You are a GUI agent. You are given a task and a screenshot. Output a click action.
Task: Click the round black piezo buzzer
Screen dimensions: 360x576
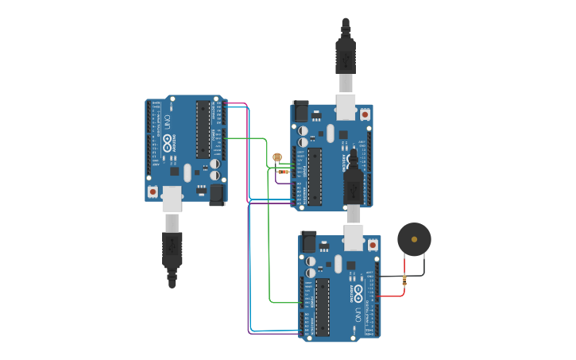[414, 238]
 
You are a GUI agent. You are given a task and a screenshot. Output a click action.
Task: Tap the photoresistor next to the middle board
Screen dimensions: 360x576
[276, 157]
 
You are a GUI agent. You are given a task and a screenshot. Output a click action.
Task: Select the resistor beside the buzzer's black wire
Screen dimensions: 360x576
[405, 280]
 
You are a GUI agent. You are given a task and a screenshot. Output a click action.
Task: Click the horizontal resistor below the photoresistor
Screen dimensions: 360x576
[284, 172]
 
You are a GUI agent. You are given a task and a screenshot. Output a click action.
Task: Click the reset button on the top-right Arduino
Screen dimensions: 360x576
[365, 114]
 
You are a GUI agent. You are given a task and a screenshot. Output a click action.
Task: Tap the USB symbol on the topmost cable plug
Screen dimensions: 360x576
[346, 59]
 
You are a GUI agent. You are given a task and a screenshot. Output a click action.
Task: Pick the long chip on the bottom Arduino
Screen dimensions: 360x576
[322, 307]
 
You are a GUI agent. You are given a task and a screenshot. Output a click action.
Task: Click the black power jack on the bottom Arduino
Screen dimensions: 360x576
[308, 242]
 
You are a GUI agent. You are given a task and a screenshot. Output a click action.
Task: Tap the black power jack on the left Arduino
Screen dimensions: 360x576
[217, 195]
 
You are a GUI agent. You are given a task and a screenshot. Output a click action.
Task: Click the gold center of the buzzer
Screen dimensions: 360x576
[414, 238]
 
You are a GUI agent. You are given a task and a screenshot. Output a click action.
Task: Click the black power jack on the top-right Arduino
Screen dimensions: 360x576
[300, 111]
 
